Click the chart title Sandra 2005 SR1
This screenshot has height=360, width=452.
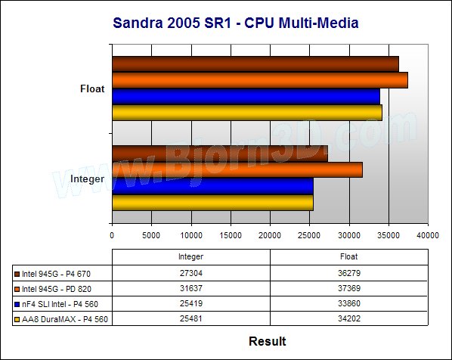point(172,23)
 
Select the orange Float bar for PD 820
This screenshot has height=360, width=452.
point(260,80)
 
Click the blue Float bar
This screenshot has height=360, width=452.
point(246,96)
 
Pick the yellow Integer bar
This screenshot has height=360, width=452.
point(212,203)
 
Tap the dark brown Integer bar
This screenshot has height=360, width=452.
point(220,154)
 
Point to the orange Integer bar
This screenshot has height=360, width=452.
point(237,170)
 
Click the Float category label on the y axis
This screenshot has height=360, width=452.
point(92,88)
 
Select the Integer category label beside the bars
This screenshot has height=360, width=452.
point(88,178)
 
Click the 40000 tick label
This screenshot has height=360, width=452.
point(428,235)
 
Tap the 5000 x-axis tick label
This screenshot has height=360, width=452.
point(151,235)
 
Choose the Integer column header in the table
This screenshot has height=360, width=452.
point(190,256)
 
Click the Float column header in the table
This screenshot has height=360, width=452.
point(348,256)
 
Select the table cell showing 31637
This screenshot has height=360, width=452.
point(191,288)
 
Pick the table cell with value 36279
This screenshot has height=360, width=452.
point(349,273)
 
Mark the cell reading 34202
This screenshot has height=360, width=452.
point(349,318)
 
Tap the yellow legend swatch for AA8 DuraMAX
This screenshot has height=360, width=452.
point(17,319)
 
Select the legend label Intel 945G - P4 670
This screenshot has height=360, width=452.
point(56,274)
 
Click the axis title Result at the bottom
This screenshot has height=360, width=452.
point(268,341)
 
